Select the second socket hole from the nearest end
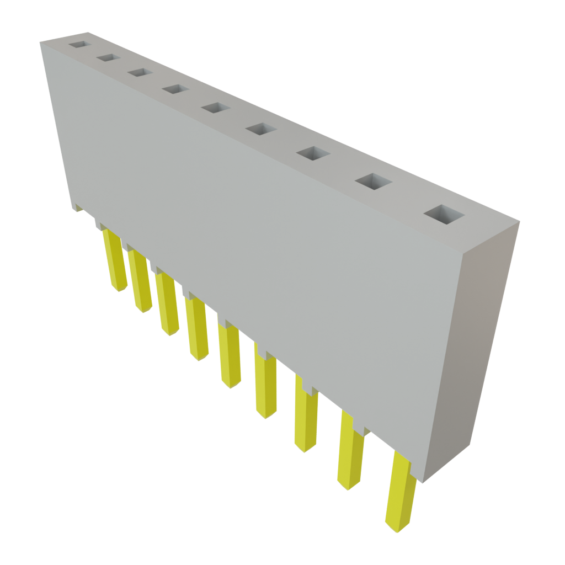[x=372, y=182]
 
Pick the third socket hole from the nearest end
[x=312, y=154]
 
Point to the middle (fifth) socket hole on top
[x=215, y=107]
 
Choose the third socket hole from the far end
[x=140, y=72]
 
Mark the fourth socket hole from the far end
[x=175, y=88]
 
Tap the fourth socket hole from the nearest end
[x=260, y=130]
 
